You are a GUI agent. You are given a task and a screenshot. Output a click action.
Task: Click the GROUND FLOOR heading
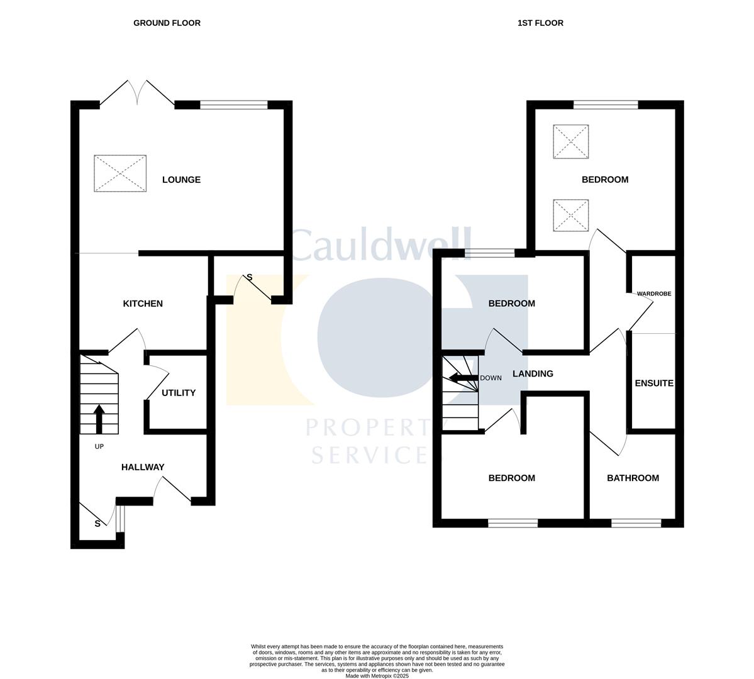pos(167,23)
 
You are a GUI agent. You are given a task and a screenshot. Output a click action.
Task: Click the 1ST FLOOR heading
pos(540,23)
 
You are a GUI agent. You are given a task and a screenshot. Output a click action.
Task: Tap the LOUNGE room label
pos(181,180)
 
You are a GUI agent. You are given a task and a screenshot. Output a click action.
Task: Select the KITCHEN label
pos(143,304)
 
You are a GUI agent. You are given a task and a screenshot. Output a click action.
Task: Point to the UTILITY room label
pos(179,393)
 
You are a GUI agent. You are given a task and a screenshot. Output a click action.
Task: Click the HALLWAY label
pos(143,467)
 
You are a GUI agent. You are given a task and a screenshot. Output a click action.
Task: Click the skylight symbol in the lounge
pos(120,174)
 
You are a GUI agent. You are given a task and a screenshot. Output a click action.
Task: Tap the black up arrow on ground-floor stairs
pos(99,419)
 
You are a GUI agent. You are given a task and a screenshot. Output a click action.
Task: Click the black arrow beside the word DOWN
pos(462,378)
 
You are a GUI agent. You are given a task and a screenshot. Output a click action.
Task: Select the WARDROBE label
pos(654,294)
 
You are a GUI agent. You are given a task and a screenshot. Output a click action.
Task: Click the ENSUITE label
pos(654,384)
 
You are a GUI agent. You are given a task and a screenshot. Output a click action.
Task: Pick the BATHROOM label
pos(633,478)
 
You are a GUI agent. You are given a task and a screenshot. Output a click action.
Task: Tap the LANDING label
pos(533,374)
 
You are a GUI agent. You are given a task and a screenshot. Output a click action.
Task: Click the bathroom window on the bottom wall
pos(636,522)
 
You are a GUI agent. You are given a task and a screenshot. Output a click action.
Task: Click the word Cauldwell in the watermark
pos(381,245)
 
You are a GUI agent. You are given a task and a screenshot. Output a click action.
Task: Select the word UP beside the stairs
pos(99,447)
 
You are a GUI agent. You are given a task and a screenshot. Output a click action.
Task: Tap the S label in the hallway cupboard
pos(97,524)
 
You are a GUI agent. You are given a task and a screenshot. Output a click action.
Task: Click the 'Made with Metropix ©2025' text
pos(377,676)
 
